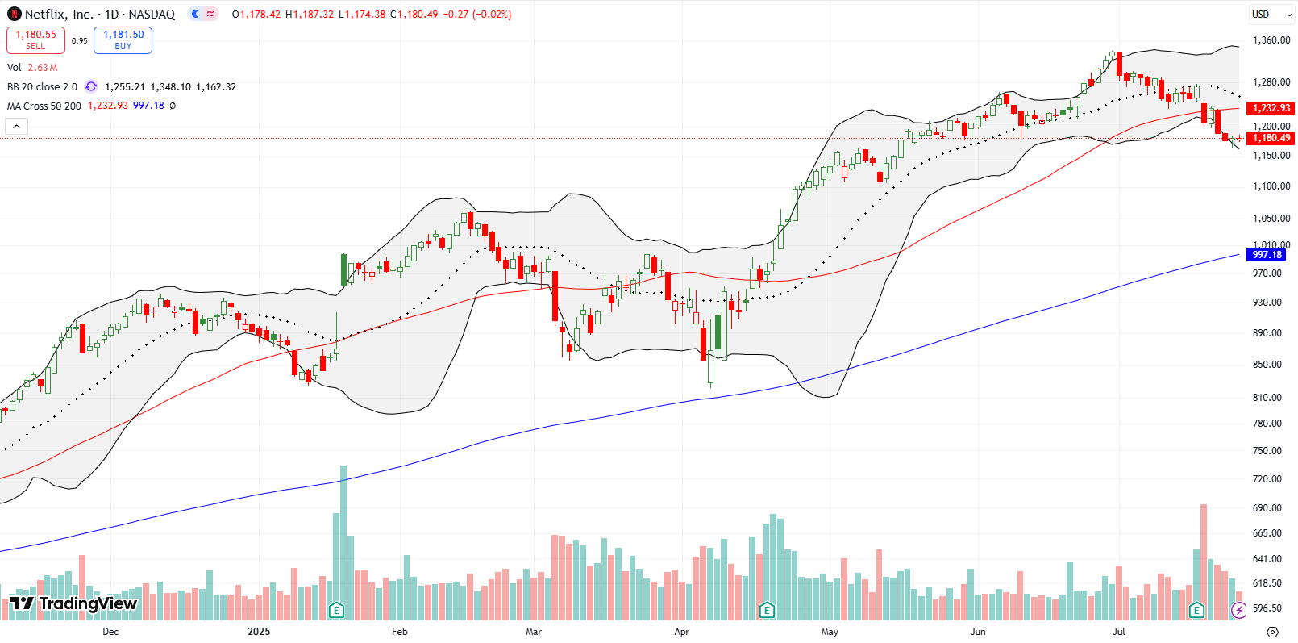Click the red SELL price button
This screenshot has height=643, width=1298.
pyautogui.click(x=35, y=40)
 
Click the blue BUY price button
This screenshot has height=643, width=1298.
pyautogui.click(x=123, y=40)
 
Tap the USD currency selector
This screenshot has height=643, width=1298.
pyautogui.click(x=1260, y=14)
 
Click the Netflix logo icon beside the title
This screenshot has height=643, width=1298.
pyautogui.click(x=14, y=14)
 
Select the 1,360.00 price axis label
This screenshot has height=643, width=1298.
pyautogui.click(x=1271, y=40)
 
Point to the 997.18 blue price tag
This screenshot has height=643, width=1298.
pyautogui.click(x=1267, y=255)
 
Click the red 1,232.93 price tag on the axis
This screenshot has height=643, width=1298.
pyautogui.click(x=1271, y=108)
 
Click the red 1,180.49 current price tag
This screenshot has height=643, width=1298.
pyautogui.click(x=1271, y=138)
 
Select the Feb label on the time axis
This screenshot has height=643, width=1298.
pyautogui.click(x=399, y=632)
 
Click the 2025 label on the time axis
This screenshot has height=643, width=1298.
pyautogui.click(x=259, y=632)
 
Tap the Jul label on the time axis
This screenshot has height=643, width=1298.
pyautogui.click(x=1118, y=632)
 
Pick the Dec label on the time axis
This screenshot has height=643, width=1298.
pyautogui.click(x=110, y=632)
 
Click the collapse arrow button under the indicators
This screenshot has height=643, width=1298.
pyautogui.click(x=16, y=126)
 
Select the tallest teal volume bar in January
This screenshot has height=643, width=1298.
pyautogui.click(x=343, y=541)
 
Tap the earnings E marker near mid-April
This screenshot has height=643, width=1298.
pyautogui.click(x=767, y=610)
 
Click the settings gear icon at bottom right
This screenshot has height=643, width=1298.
pyautogui.click(x=1272, y=632)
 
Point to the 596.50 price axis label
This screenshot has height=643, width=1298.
pyautogui.click(x=1267, y=608)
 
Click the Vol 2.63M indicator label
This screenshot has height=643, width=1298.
pyautogui.click(x=32, y=68)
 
